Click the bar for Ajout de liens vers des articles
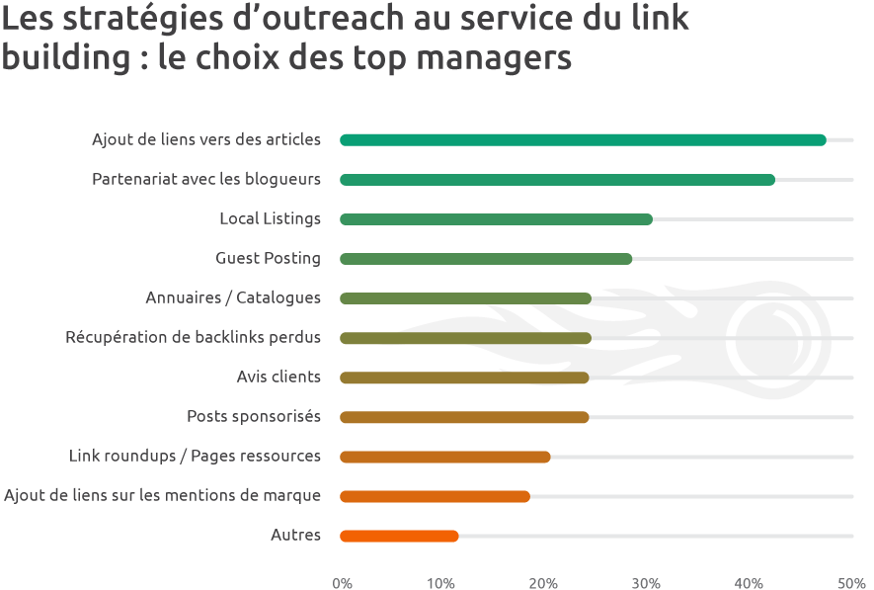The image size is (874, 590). (x=583, y=140)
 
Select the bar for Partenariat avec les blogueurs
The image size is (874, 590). (x=557, y=180)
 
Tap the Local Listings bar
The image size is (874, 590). (x=496, y=219)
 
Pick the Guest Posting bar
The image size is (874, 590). (x=486, y=259)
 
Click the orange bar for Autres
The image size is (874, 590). (x=399, y=536)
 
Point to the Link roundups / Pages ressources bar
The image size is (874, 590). (x=444, y=457)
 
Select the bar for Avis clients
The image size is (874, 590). (x=464, y=378)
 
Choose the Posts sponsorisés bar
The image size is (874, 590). (x=464, y=417)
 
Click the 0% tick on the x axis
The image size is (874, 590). (x=343, y=583)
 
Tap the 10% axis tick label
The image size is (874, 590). (x=441, y=583)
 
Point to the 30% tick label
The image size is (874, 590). (x=646, y=583)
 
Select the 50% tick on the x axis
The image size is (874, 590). (x=851, y=583)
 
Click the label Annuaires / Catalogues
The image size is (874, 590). (x=233, y=297)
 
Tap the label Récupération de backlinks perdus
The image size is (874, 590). (x=193, y=337)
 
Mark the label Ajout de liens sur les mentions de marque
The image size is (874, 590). (x=162, y=495)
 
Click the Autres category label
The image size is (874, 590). (x=295, y=535)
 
